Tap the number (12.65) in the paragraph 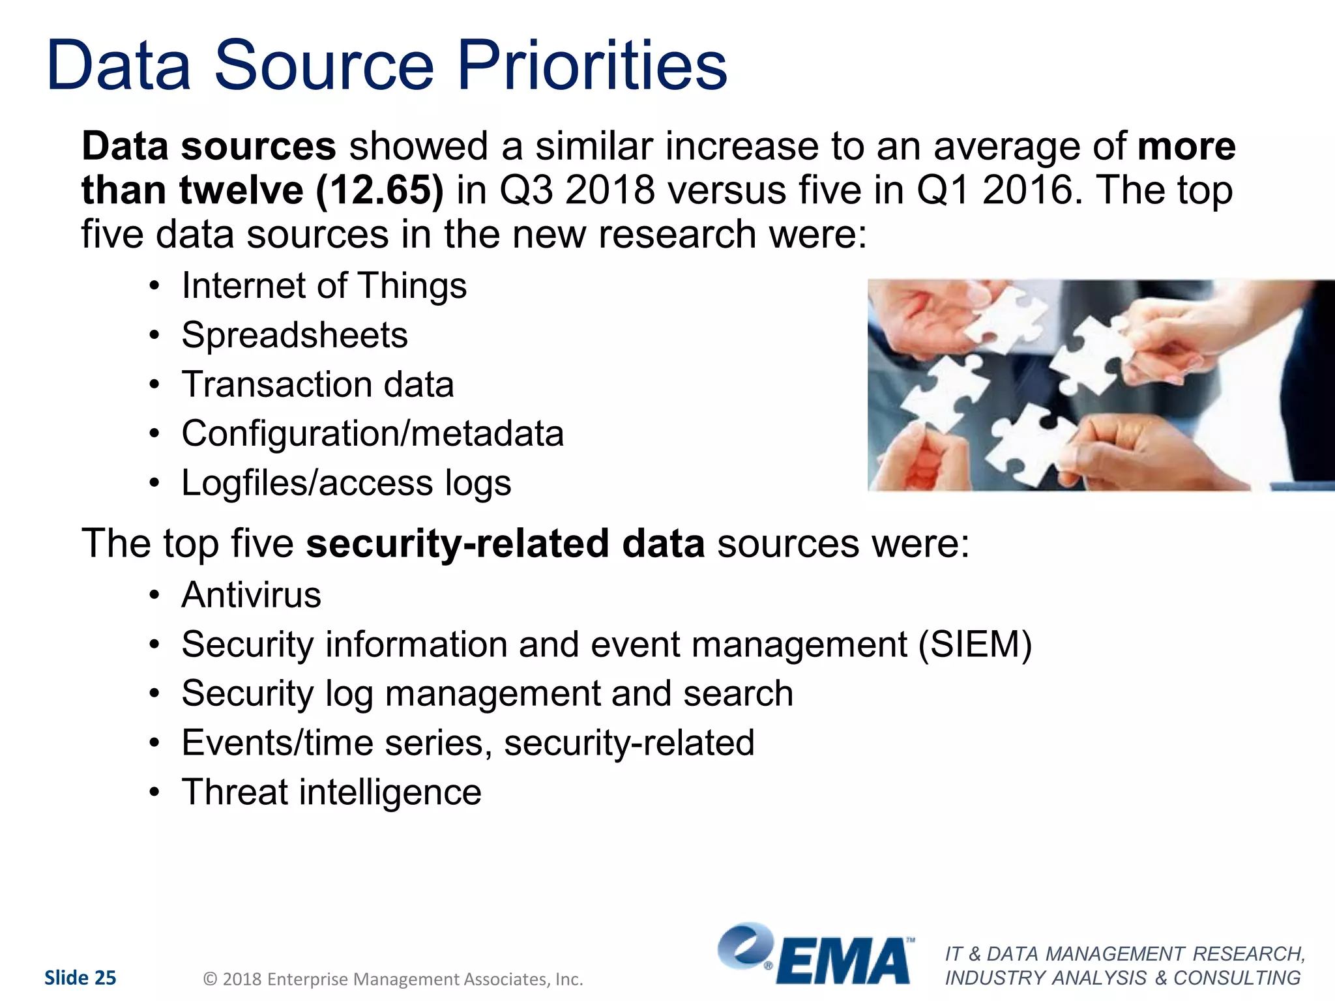[379, 190]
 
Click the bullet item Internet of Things [324, 285]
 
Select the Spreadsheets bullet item [295, 335]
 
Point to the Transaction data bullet [317, 384]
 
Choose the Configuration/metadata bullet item [372, 433]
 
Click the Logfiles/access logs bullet [346, 483]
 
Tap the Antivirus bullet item [251, 595]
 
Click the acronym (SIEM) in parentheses [975, 645]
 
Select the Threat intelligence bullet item [331, 792]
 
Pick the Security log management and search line [487, 693]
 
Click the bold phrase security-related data [505, 544]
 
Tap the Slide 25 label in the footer [80, 978]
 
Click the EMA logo [815, 955]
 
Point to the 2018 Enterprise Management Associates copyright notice [393, 979]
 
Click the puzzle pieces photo [1100, 384]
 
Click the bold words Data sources [209, 145]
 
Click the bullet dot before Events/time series [154, 743]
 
